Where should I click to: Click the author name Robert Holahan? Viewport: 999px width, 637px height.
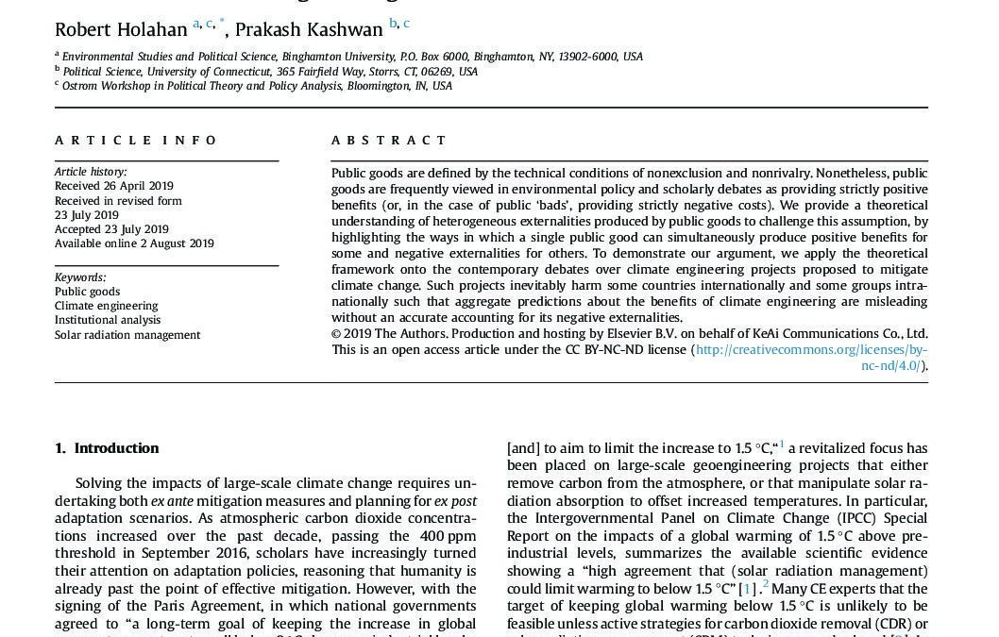click(121, 30)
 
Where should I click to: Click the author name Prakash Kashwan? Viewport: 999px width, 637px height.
click(309, 30)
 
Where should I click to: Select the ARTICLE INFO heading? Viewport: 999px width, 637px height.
click(136, 141)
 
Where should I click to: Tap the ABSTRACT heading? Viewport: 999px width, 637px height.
click(389, 141)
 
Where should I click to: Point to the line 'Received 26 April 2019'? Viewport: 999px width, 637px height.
click(114, 186)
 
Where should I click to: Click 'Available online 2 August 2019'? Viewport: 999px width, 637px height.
click(134, 243)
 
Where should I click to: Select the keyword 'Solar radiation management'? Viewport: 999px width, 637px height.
click(127, 335)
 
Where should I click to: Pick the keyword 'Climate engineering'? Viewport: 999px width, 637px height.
click(107, 306)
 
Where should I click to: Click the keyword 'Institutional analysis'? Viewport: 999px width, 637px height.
click(108, 320)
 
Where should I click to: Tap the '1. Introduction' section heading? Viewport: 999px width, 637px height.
click(107, 448)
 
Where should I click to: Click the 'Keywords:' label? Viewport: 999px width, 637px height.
click(80, 277)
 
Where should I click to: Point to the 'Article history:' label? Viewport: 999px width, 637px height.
click(91, 172)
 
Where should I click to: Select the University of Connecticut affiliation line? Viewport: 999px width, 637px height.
click(270, 72)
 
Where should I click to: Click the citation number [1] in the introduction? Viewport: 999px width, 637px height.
click(748, 589)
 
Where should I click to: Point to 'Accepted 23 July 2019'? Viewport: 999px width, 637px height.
click(111, 229)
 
